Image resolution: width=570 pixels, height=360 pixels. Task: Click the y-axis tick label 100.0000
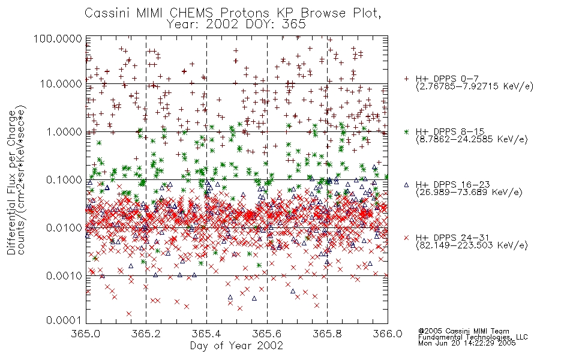pos(58,38)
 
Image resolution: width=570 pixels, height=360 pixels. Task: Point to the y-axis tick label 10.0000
pos(61,84)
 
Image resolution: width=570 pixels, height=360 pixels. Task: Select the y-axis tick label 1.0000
pos(64,131)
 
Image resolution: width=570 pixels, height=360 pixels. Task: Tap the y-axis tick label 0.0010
pos(64,275)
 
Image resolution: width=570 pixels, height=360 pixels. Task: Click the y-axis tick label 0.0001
pos(64,320)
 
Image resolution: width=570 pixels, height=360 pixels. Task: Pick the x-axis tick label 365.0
pos(86,334)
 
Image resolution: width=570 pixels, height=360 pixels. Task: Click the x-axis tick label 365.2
pos(146,334)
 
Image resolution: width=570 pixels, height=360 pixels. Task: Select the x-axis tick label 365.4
pos(206,334)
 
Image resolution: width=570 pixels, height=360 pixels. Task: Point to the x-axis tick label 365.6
pos(267,334)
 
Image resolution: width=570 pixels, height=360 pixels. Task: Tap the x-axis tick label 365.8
pos(327,334)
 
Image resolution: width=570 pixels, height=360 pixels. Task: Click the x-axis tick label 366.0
pos(388,334)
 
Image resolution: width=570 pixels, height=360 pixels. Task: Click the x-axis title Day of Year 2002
pos(236,346)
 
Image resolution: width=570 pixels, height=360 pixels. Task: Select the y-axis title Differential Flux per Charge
pos(11,182)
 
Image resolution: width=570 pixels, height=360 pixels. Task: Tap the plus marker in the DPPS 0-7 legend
pos(406,79)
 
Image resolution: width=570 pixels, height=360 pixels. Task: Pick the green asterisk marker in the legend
pos(406,131)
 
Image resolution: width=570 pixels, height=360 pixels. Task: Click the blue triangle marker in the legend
pos(406,185)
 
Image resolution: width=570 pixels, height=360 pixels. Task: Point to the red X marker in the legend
pos(406,238)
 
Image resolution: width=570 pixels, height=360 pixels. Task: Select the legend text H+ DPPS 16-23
pos(452,184)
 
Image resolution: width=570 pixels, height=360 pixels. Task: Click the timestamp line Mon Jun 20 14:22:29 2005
pos(467,343)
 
